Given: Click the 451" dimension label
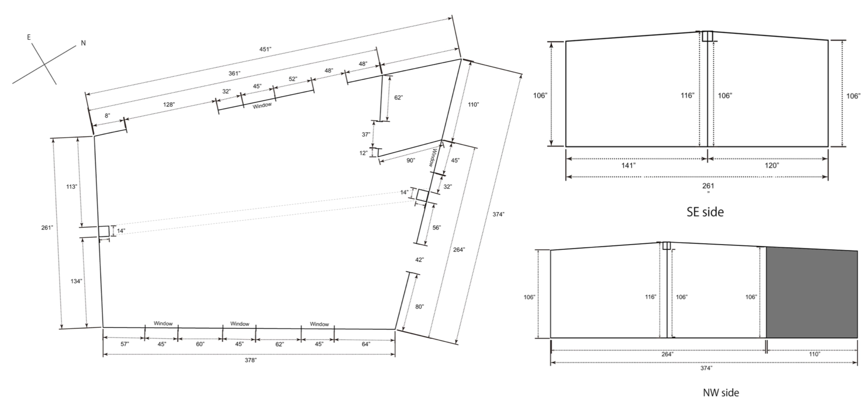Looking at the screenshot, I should (265, 49).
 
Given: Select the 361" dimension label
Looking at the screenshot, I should (234, 73).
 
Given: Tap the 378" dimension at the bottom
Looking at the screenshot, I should (250, 360).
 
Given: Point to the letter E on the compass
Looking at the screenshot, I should (29, 37).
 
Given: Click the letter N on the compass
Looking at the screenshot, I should (83, 43).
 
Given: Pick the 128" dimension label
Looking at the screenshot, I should (169, 105).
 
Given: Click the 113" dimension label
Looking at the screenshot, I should (72, 187).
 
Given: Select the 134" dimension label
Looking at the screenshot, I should (76, 281).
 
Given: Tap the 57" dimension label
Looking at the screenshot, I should (125, 344).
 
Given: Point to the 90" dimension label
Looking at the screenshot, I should (411, 161).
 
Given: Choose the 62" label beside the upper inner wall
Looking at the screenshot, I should (398, 98).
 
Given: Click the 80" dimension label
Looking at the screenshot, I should (419, 307).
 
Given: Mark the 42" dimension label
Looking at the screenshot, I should (419, 260).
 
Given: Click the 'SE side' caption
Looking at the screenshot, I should (705, 212).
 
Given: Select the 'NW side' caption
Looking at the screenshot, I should (721, 393).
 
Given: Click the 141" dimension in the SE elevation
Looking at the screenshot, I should (629, 166).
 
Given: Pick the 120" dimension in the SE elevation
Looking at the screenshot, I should (772, 166).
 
